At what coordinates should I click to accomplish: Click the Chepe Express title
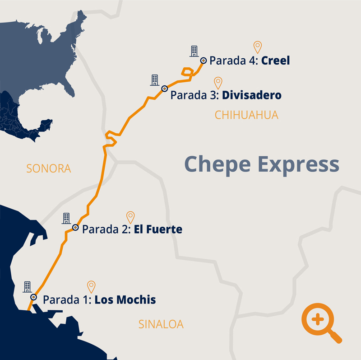tap(262, 164)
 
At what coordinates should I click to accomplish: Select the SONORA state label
tap(49, 168)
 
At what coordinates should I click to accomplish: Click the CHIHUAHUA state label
tap(246, 115)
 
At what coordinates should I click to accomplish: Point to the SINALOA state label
tap(161, 324)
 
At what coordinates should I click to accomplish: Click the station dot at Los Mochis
tap(33, 297)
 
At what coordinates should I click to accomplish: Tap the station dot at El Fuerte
tap(75, 227)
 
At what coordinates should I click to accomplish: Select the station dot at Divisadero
tap(165, 89)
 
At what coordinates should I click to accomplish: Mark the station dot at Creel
tap(204, 60)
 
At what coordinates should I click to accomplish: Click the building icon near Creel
tap(194, 51)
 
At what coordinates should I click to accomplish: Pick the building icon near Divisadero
tap(154, 80)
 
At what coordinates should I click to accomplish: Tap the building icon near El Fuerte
tap(66, 218)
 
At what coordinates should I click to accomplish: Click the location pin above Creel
tap(257, 47)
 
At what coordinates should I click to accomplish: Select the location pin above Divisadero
tap(218, 83)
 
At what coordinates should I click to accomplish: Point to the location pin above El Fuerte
tap(130, 217)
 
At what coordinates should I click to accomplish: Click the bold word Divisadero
tap(252, 96)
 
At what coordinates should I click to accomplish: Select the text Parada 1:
tap(67, 300)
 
